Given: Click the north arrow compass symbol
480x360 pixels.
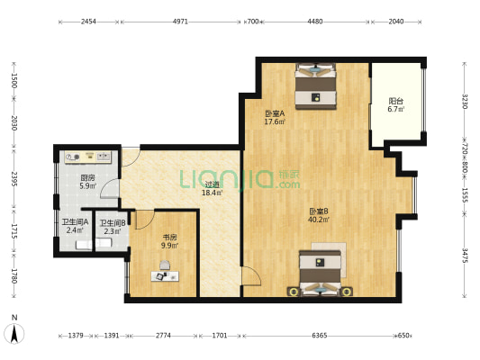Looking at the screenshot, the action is click(x=14, y=333).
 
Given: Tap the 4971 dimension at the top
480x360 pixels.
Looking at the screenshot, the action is click(x=180, y=22).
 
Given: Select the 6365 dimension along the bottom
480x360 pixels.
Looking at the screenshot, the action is click(x=320, y=336).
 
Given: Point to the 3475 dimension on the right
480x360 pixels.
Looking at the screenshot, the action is click(x=465, y=256).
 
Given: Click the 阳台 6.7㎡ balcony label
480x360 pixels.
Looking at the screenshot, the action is click(x=396, y=105).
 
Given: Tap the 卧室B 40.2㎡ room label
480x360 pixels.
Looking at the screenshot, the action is click(x=319, y=215).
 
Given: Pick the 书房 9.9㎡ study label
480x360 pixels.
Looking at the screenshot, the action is click(x=169, y=241).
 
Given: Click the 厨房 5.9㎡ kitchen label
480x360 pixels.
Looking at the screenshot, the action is click(x=88, y=182).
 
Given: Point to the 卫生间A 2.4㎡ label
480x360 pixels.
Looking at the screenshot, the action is click(x=75, y=226).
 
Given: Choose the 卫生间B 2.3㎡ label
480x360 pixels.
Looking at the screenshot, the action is click(x=113, y=228).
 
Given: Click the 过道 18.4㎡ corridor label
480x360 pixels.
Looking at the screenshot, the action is click(x=213, y=188).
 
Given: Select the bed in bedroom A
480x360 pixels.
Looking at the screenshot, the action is click(x=315, y=85).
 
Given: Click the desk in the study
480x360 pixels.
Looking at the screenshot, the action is click(x=165, y=276).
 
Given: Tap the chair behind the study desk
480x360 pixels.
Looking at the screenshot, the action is click(x=165, y=265).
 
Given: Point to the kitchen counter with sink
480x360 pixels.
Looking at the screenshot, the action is click(x=88, y=157).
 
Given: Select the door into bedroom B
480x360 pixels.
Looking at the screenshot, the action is click(x=251, y=276).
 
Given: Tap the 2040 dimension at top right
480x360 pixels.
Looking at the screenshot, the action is click(x=396, y=22).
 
